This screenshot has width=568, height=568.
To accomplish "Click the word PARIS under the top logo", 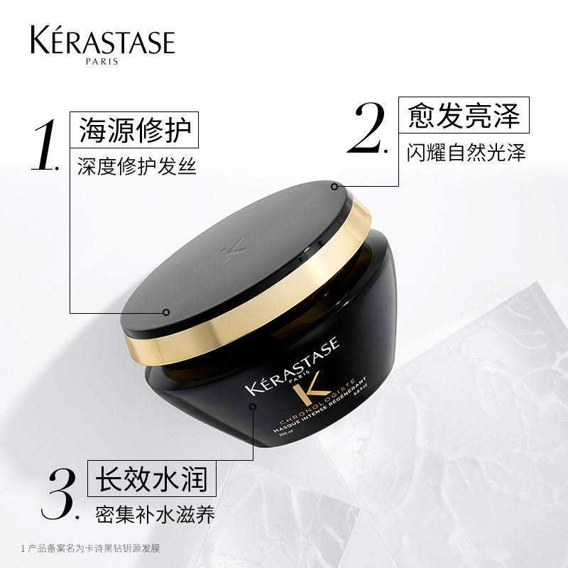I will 102,61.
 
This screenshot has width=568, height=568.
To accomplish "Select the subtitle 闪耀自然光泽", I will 466,151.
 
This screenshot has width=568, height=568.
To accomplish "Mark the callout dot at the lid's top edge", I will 334,186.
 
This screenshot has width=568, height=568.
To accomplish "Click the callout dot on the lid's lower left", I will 165,312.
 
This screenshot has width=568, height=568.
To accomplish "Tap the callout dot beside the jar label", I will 253,406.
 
